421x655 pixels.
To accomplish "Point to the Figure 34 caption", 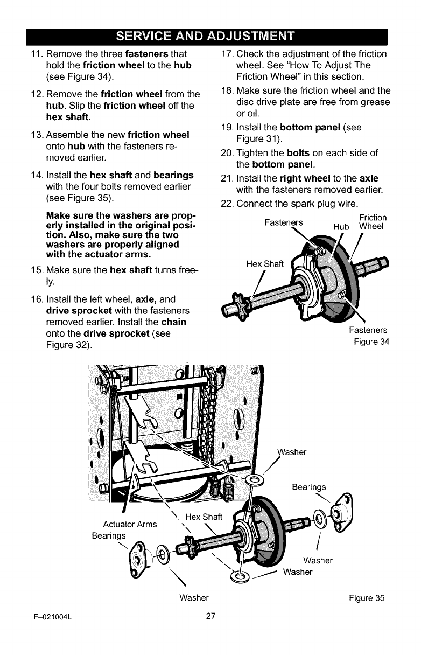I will click(x=371, y=342).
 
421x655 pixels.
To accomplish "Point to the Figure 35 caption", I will click(x=367, y=598).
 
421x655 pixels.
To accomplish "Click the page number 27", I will click(x=210, y=617).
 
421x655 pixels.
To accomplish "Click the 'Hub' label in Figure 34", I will click(x=342, y=227).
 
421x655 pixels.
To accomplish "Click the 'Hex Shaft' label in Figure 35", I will click(x=204, y=518).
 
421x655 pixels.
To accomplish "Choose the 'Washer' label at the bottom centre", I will click(x=194, y=597).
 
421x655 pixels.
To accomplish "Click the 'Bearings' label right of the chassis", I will click(x=310, y=487).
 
